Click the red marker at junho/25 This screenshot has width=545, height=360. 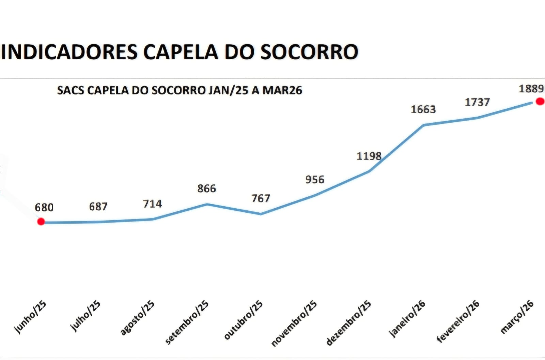pyautogui.click(x=41, y=222)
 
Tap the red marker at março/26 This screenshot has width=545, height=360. pyautogui.click(x=540, y=101)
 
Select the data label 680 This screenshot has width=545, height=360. pyautogui.click(x=44, y=207)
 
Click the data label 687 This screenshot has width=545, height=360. pyautogui.click(x=98, y=206)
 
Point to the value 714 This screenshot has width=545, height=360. pyautogui.click(x=152, y=204)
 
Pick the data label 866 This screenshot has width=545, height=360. pyautogui.click(x=206, y=188)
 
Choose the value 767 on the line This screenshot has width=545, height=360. pyautogui.click(x=261, y=198)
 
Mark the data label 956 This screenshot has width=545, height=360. pyautogui.click(x=314, y=179)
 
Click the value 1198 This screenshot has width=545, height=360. pyautogui.click(x=369, y=156)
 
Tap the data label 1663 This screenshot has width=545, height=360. pyautogui.click(x=423, y=109)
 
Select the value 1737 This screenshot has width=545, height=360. pyautogui.click(x=477, y=102)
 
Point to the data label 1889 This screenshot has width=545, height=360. pyautogui.click(x=531, y=89)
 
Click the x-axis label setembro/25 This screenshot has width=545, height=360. pyautogui.click(x=187, y=322)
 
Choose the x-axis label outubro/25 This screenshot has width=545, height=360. pyautogui.click(x=243, y=320)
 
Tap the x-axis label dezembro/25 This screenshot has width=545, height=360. pyautogui.click(x=348, y=323)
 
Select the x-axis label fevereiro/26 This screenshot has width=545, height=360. pyautogui.click(x=458, y=321)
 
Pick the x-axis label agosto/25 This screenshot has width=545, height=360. pyautogui.click(x=137, y=318)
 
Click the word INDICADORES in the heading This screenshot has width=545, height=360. pyautogui.click(x=69, y=52)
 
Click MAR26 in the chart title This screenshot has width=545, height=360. pyautogui.click(x=282, y=90)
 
